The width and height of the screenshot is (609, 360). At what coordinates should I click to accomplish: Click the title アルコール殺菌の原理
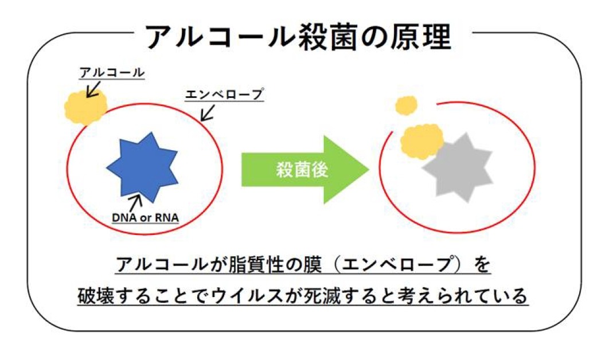298,37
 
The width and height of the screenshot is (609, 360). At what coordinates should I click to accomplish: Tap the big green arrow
305,169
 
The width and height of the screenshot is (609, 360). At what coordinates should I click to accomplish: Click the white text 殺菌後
302,170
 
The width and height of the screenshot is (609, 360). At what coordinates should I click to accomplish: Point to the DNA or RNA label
145,218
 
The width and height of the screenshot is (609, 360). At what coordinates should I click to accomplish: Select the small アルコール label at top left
112,73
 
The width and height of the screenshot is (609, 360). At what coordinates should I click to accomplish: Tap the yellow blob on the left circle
85,106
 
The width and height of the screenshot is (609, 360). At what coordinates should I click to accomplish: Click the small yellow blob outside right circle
406,105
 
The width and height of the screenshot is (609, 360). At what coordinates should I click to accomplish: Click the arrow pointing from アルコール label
93,89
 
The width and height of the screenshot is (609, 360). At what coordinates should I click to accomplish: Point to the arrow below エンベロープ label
208,113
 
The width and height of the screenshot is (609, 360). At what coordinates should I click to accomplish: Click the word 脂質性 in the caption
254,265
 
